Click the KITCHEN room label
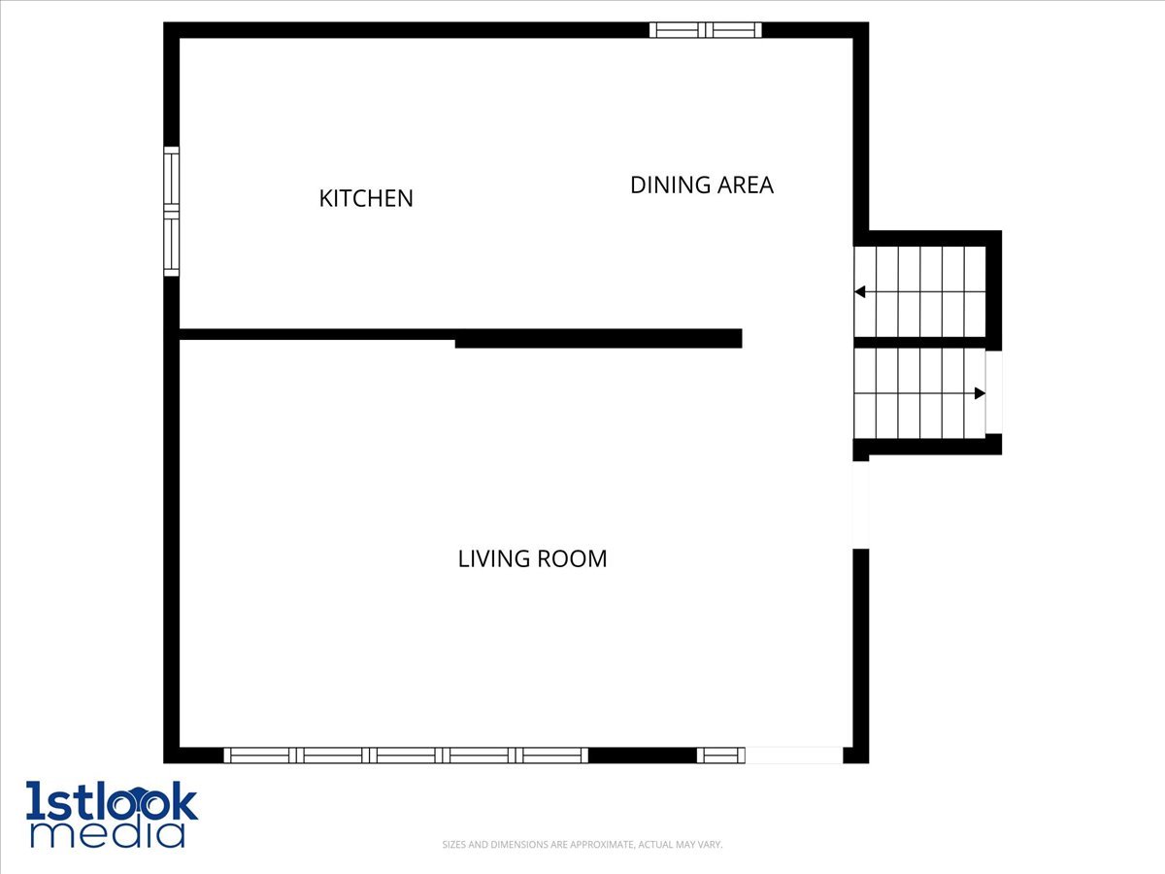coord(366,198)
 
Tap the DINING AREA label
coord(702,185)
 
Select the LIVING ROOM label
coord(532,558)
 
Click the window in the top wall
coord(706,30)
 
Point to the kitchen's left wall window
coord(172,211)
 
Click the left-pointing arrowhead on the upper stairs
coord(860,292)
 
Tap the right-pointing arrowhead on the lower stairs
coord(980,393)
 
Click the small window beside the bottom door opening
coord(720,756)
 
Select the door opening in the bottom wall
coord(794,756)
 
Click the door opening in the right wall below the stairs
coord(861,505)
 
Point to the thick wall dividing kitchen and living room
coord(598,339)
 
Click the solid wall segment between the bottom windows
coord(643,756)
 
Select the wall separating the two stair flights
coord(919,342)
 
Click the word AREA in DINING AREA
coord(746,185)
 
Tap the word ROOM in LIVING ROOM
coord(572,558)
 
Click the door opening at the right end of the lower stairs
coord(993,392)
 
